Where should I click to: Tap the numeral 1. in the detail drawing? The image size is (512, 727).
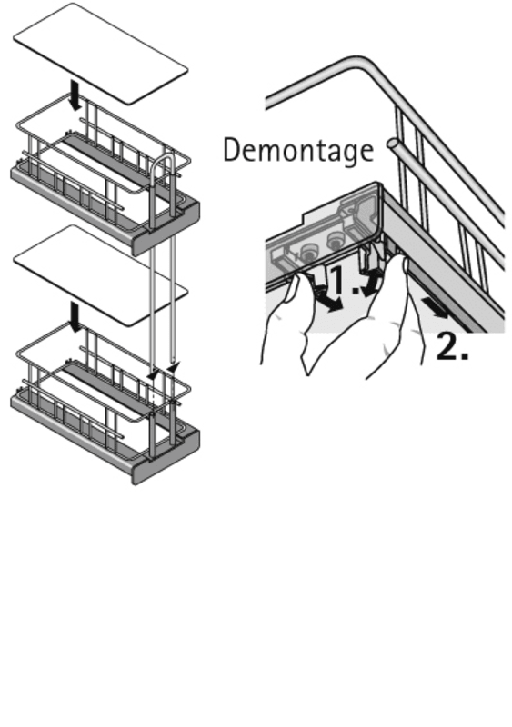[x=346, y=280]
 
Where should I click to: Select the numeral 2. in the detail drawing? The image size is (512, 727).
[x=453, y=346]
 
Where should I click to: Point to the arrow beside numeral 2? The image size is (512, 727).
[x=436, y=308]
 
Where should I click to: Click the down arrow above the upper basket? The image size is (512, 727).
[x=75, y=95]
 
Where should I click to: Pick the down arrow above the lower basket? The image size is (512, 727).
[x=75, y=316]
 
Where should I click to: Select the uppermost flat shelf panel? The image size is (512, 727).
[x=100, y=54]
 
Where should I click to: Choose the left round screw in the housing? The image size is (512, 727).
[x=307, y=254]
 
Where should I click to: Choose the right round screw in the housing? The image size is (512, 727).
[x=335, y=241]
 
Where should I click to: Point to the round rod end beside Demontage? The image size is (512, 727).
[x=393, y=144]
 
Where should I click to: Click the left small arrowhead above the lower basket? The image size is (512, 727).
[x=152, y=374]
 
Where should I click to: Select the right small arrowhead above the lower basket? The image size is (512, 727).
[x=173, y=368]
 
